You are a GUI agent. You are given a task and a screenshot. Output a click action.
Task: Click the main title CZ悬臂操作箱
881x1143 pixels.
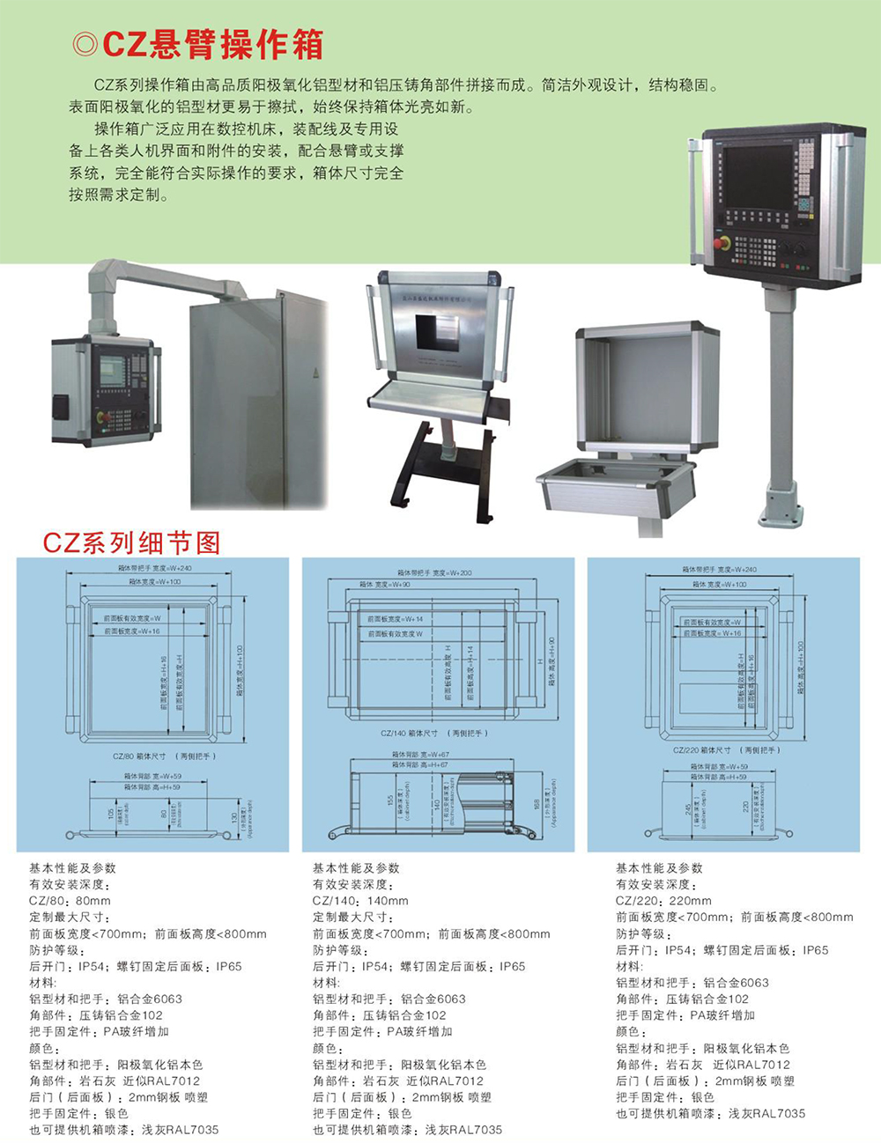[212, 45]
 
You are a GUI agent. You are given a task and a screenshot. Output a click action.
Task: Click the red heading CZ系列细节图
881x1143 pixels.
[131, 542]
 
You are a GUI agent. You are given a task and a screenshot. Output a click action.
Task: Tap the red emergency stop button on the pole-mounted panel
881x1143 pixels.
[722, 242]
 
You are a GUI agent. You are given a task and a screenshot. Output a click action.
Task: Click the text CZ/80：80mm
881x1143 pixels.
[70, 901]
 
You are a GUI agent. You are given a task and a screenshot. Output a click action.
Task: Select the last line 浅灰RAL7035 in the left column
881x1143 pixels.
[180, 1130]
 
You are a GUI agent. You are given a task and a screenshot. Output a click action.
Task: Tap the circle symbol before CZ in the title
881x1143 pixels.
[86, 45]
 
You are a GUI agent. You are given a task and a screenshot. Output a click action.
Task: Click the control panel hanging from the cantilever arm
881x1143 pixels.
[106, 389]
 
